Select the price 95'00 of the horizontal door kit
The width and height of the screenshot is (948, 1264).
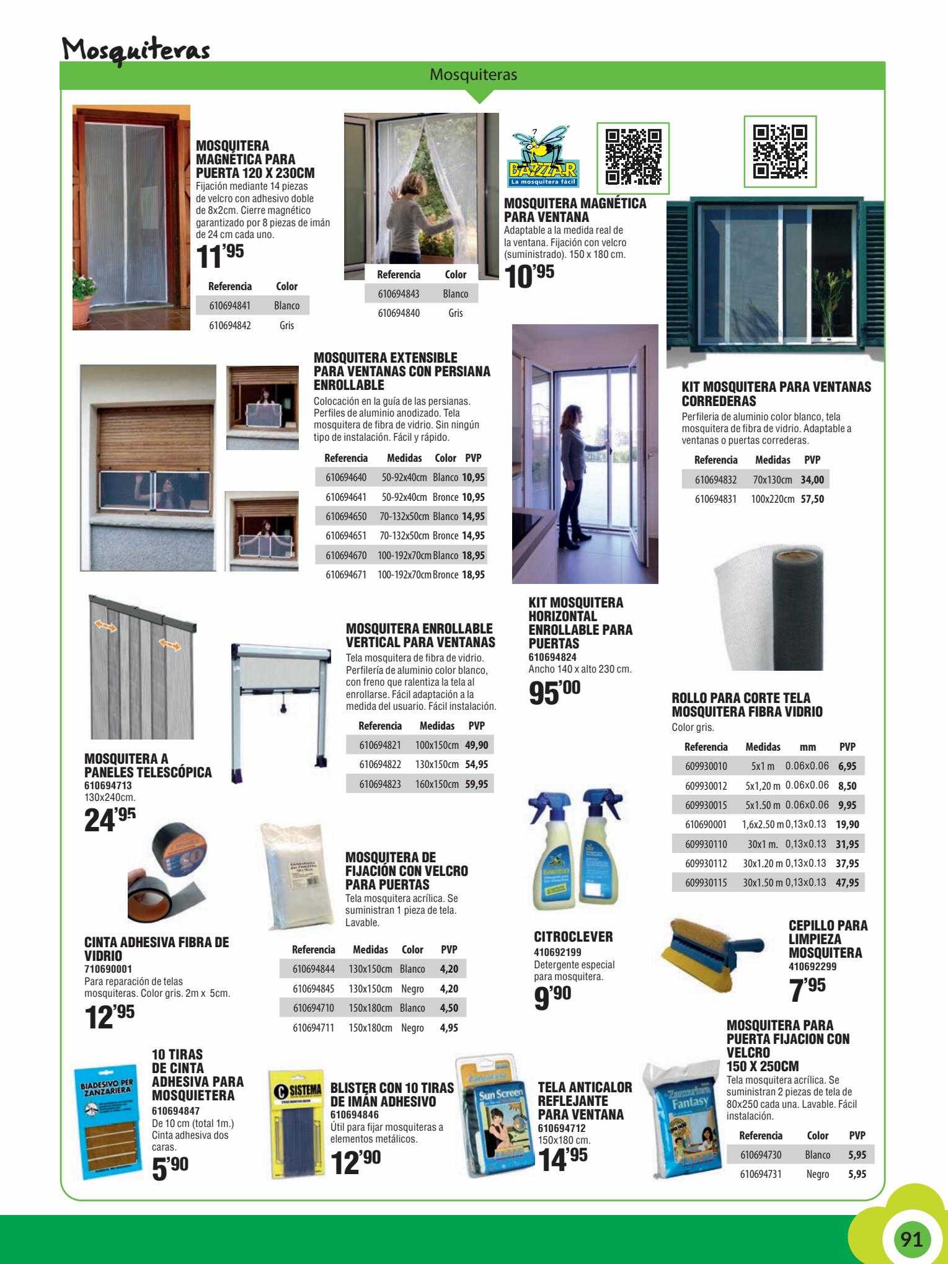555,693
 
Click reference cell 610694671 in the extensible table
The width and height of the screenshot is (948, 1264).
346,575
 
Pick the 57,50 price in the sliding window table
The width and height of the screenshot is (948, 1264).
812,498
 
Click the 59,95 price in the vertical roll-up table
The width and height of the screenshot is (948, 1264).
476,784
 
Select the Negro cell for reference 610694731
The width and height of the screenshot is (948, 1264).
817,1174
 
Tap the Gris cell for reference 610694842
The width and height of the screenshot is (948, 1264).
286,325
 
